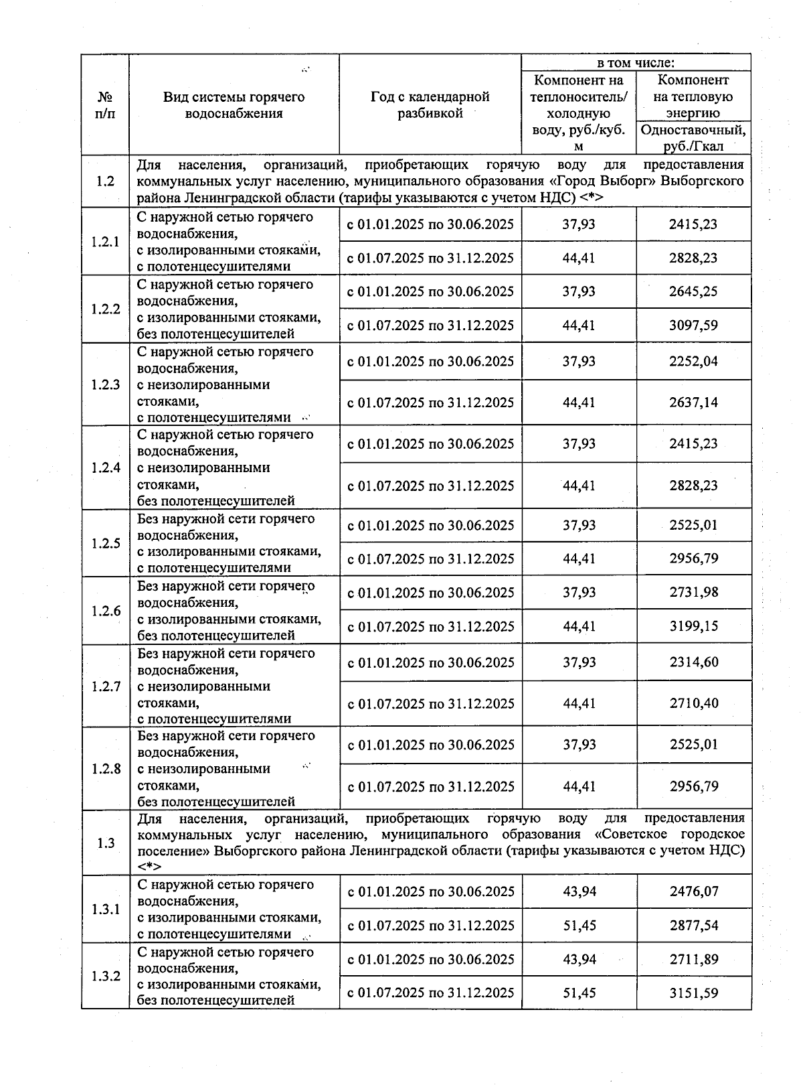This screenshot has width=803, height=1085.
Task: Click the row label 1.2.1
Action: (105, 242)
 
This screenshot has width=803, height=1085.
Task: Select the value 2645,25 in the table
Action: (693, 291)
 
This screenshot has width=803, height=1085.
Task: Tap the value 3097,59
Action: (693, 325)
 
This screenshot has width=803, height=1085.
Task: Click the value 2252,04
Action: (693, 362)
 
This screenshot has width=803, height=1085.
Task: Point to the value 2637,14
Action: (693, 403)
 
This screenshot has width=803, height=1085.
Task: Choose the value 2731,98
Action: (693, 593)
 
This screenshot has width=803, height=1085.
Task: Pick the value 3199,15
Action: (693, 627)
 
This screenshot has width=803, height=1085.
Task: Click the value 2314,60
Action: (693, 662)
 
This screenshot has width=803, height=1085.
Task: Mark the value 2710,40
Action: (693, 704)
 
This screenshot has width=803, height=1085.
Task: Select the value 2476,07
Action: (693, 891)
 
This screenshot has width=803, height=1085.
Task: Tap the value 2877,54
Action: (693, 926)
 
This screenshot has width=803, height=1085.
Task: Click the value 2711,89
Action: (693, 960)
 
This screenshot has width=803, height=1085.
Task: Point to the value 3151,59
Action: (693, 993)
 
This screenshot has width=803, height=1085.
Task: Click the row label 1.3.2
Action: (105, 976)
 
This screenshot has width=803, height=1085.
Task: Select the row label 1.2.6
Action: (105, 611)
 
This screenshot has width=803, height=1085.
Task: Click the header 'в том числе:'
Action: (635, 63)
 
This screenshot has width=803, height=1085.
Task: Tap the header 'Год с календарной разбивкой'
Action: (430, 105)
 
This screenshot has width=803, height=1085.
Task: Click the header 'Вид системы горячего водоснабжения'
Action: (234, 105)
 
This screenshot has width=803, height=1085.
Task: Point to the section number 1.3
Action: (105, 843)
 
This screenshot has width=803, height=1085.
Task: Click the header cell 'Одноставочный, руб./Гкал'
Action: (693, 138)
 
